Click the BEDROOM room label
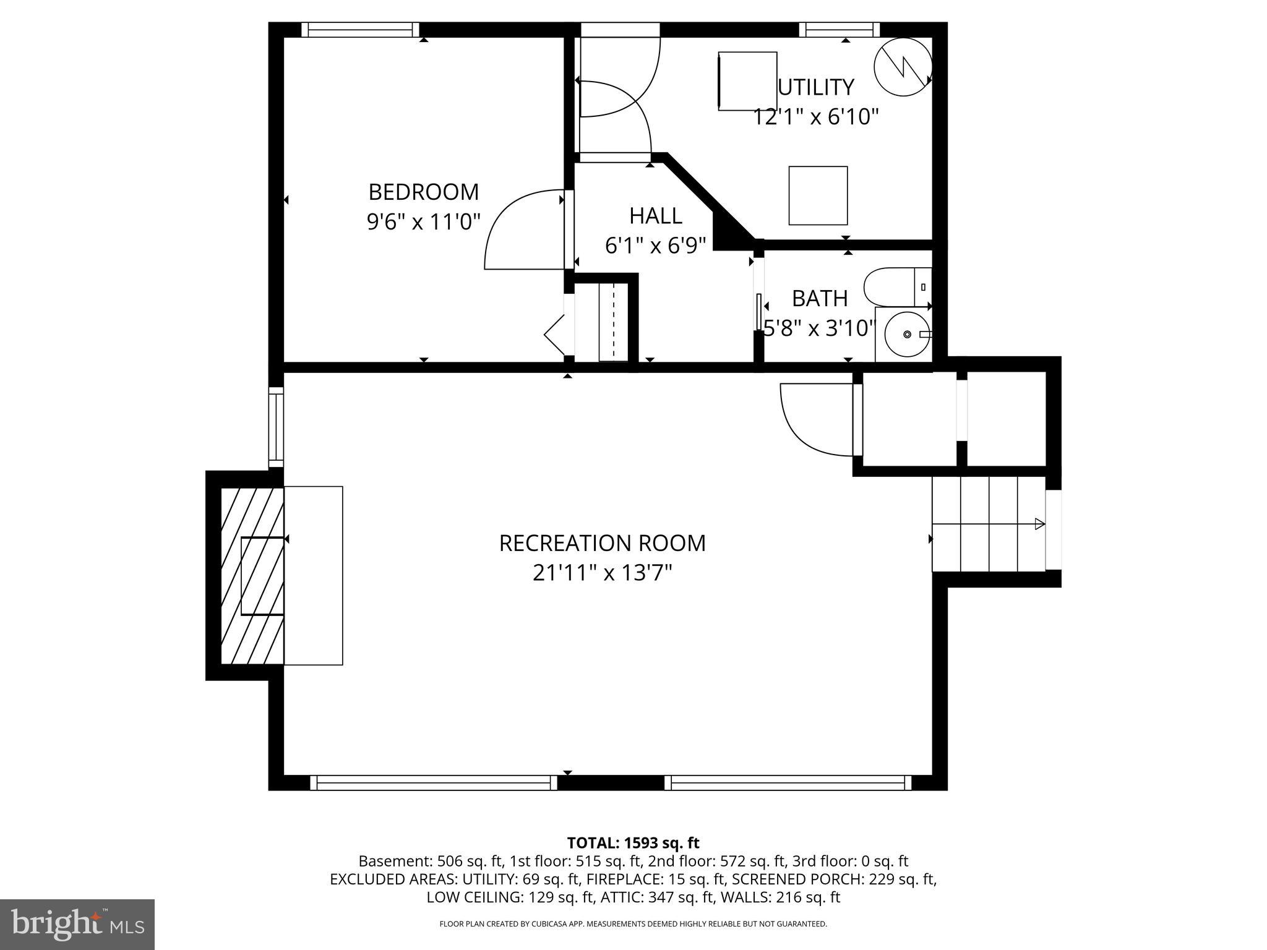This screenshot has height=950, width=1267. (423, 192)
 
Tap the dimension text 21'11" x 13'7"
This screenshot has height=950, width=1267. (602, 573)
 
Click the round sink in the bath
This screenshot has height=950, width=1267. (906, 334)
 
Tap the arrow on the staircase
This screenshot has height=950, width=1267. (1039, 524)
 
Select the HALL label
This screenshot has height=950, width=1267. (655, 216)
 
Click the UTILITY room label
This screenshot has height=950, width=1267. (815, 87)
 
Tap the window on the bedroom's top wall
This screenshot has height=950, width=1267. (360, 30)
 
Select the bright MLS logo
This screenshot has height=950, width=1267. (77, 925)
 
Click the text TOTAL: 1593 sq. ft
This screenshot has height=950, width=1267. (633, 843)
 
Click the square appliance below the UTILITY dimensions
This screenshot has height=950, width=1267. (818, 195)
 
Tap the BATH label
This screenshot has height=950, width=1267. (819, 299)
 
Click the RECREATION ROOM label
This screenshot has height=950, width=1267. (602, 543)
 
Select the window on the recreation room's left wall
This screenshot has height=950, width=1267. (276, 427)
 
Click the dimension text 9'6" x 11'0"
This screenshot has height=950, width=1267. (423, 222)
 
